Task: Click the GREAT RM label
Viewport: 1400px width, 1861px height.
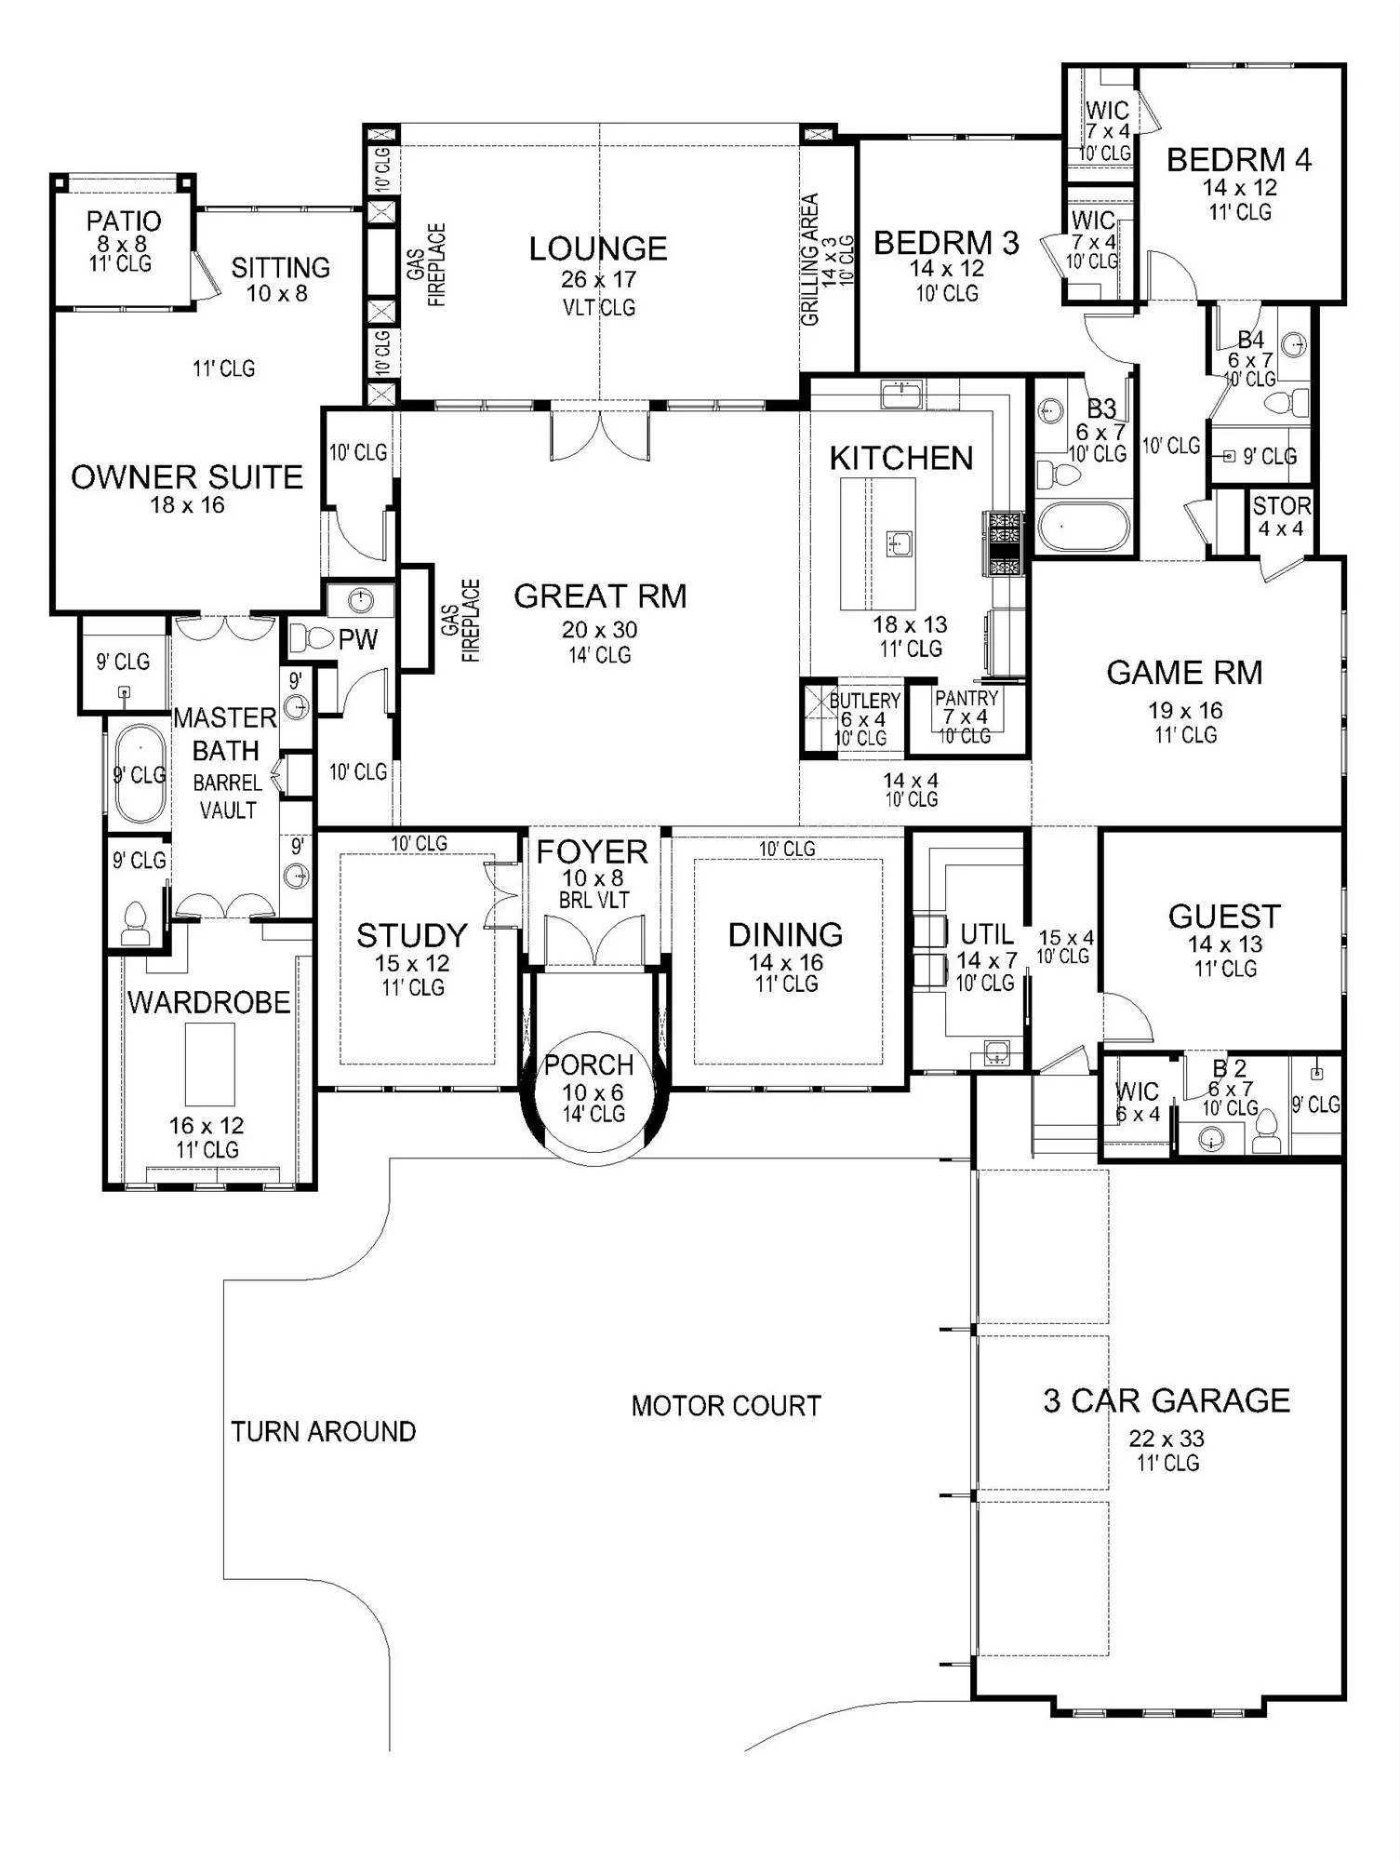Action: pyautogui.click(x=600, y=596)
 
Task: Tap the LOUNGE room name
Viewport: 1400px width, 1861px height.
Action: pyautogui.click(x=598, y=248)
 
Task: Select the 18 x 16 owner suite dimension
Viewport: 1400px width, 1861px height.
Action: pyautogui.click(x=188, y=505)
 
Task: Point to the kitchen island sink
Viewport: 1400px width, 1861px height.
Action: pyautogui.click(x=899, y=542)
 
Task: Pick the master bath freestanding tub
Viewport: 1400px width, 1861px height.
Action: pyautogui.click(x=140, y=773)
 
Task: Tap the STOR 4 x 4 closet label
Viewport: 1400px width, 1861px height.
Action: pyautogui.click(x=1281, y=516)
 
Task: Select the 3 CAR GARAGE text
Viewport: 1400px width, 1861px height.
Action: pyautogui.click(x=1167, y=1400)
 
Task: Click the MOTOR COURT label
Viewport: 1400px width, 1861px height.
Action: pyautogui.click(x=726, y=1405)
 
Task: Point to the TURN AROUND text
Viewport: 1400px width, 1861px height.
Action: pyautogui.click(x=323, y=1431)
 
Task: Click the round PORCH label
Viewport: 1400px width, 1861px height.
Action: pyautogui.click(x=589, y=1064)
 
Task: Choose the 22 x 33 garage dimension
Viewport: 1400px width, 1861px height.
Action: pyautogui.click(x=1167, y=1439)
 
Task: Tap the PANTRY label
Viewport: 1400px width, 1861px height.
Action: pyautogui.click(x=967, y=698)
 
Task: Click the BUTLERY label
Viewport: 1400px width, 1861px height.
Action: pyautogui.click(x=864, y=700)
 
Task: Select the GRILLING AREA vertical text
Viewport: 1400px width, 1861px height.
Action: pyautogui.click(x=810, y=260)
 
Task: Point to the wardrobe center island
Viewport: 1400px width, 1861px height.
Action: pyautogui.click(x=209, y=1064)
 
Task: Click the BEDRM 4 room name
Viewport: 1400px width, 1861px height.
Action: pyautogui.click(x=1239, y=160)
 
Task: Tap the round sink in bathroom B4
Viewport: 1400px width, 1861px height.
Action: pyautogui.click(x=1293, y=346)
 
